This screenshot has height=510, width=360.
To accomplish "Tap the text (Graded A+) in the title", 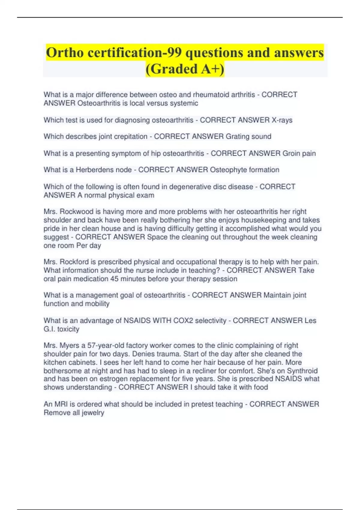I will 185,69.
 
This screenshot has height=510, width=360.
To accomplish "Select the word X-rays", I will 282,120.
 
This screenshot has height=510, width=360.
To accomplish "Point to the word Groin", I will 291,153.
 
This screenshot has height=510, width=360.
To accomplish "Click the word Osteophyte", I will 227,170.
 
